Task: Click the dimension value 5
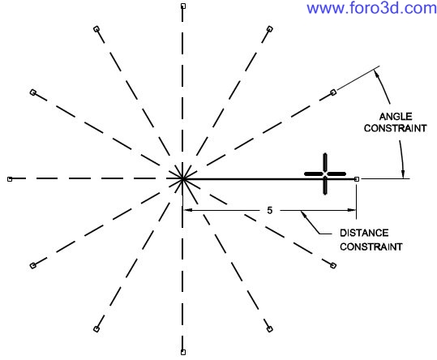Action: point(269,210)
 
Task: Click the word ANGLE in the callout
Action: point(396,116)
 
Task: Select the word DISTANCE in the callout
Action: point(364,233)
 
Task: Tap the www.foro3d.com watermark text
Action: point(371,8)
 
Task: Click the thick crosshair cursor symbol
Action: point(325,174)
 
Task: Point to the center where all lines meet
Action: point(182,179)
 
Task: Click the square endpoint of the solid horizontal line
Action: point(357,179)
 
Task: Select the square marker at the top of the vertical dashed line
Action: point(183,6)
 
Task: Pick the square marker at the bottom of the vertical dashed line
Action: point(183,352)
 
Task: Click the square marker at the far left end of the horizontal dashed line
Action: point(10,179)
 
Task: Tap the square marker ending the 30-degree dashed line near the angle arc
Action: point(333,92)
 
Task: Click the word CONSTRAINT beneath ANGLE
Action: point(395,128)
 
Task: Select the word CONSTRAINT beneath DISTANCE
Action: point(371,246)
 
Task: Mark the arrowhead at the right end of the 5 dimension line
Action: point(351,210)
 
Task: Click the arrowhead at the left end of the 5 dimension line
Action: point(187,210)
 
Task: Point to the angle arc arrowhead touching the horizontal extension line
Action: point(402,174)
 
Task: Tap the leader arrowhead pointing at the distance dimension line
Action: point(304,215)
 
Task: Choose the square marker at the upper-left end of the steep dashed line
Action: point(96,28)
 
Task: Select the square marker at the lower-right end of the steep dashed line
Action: point(269,329)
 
